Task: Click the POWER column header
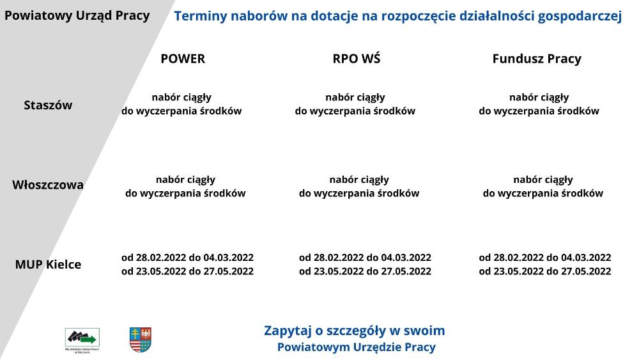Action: [183, 59]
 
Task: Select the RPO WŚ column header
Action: [356, 58]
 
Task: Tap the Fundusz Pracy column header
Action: [537, 59]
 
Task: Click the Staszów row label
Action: [48, 106]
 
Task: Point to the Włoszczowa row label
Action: [48, 185]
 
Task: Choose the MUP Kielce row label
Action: [48, 264]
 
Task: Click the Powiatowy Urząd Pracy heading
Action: [77, 16]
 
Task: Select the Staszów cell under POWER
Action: [181, 104]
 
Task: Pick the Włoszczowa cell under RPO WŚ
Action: [359, 186]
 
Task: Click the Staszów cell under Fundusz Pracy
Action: [539, 104]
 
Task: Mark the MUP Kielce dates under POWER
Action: [187, 264]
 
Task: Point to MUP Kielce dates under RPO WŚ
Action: [365, 264]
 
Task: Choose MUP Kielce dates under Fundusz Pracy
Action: [545, 264]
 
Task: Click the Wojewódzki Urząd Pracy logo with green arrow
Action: [82, 340]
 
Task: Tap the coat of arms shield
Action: [141, 340]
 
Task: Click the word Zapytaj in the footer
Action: [288, 331]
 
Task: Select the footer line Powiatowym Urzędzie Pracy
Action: [357, 347]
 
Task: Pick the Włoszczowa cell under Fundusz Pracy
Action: [543, 186]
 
